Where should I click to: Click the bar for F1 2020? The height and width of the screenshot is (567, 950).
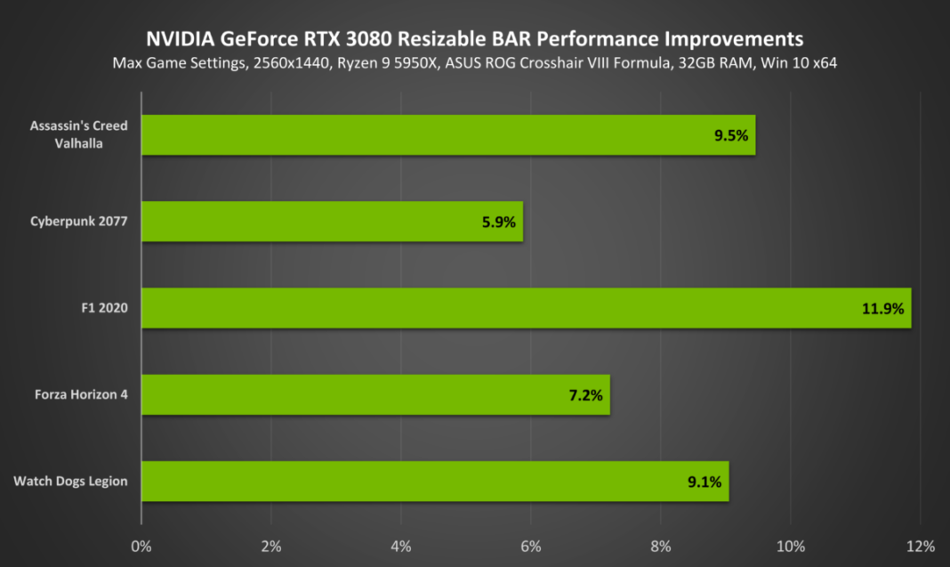pos(525,308)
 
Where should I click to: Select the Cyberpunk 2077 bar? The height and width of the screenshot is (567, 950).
pos(331,222)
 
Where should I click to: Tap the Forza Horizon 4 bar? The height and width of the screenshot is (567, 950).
pos(374,394)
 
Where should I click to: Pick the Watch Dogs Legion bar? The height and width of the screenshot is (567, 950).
pos(434,482)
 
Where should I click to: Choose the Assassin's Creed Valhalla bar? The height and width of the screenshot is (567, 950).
pos(447,135)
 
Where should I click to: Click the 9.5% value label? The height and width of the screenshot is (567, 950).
pos(731,136)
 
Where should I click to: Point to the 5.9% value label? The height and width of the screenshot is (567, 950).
pos(498,223)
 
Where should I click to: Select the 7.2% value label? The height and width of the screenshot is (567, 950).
pos(585,395)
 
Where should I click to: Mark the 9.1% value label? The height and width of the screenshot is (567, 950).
pos(704,482)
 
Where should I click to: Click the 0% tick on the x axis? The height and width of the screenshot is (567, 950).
pos(141,545)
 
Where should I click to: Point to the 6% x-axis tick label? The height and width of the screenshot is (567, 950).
pos(531,545)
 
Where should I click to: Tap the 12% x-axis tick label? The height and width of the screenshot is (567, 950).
pos(920,545)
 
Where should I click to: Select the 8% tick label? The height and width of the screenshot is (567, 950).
pos(661,545)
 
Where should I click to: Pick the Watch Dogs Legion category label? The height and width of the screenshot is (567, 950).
pos(70,482)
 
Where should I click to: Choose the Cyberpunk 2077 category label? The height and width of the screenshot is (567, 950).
pos(78,222)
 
